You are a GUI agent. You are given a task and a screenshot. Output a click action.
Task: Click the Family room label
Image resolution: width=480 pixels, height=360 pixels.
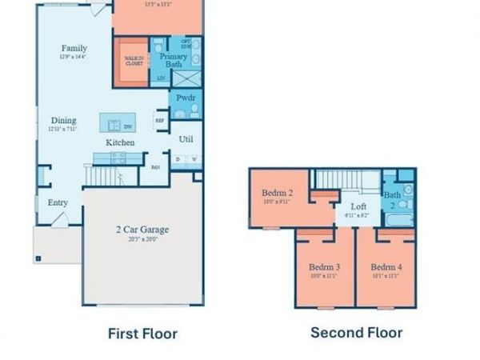(74, 48)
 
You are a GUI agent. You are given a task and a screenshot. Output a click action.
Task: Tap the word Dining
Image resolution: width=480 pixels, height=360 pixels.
(63, 121)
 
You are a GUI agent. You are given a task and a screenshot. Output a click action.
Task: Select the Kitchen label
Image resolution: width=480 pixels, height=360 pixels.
(121, 142)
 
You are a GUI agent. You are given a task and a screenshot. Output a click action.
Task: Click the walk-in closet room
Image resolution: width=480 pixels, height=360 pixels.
(134, 61)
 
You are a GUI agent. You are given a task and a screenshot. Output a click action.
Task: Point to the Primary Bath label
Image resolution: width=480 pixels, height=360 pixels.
(174, 60)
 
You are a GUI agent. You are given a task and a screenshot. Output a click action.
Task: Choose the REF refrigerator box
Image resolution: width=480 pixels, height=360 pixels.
(159, 122)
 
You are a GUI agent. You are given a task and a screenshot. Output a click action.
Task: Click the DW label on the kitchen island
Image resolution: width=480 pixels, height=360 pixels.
(126, 125)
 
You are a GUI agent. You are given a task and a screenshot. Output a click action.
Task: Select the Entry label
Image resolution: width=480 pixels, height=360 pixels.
(58, 202)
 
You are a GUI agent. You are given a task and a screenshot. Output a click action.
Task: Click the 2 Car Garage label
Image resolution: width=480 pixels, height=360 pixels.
(142, 230)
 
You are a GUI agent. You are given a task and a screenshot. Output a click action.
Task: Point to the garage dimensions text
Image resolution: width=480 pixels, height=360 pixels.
(142, 238)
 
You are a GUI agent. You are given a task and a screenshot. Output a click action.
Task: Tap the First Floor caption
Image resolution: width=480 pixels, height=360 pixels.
(142, 334)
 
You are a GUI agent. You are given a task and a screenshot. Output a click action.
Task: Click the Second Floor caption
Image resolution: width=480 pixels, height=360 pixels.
(356, 332)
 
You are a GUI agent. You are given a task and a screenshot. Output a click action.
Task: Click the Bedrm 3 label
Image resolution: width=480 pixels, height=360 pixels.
(325, 266)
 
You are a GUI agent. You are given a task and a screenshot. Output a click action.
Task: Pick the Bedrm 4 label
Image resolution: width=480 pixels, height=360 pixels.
(386, 266)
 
